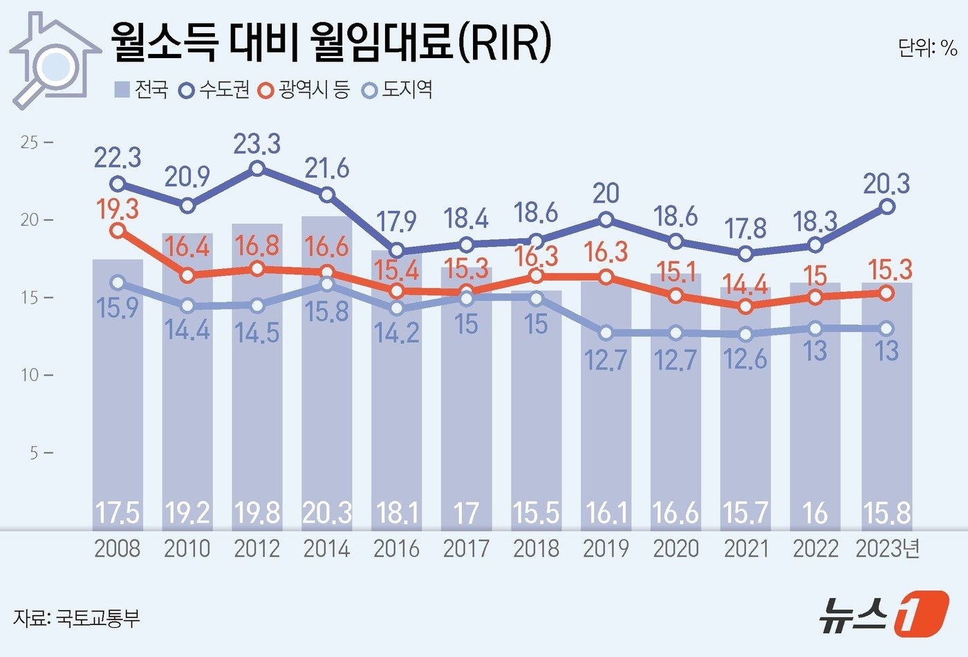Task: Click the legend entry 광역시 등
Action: click(305, 90)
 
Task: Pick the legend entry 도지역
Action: click(398, 90)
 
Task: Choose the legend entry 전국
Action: click(142, 90)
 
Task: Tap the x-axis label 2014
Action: click(326, 549)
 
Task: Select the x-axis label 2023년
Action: click(887, 549)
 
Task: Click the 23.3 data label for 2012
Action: click(257, 144)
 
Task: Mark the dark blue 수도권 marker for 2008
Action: click(118, 184)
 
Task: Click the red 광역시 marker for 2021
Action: click(745, 306)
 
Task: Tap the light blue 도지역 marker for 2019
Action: click(606, 333)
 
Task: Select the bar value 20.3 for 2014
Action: click(326, 513)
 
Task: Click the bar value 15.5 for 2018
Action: click(536, 513)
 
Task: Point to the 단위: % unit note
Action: click(927, 47)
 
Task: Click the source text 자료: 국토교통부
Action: click(76, 618)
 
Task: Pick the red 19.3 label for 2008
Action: click(118, 208)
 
